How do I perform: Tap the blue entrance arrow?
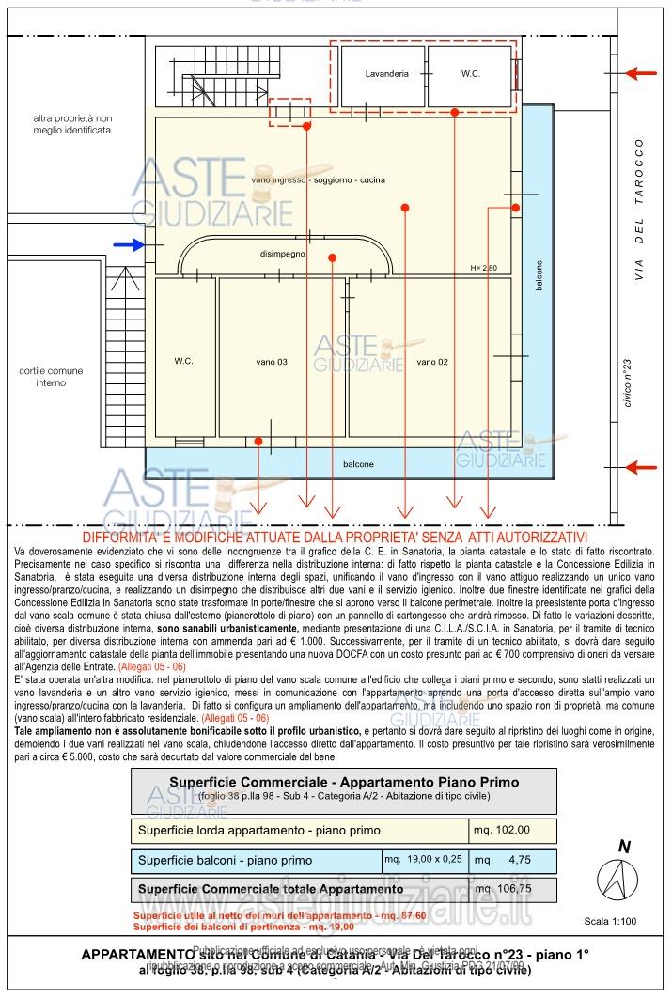click(x=130, y=245)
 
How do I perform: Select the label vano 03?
click(x=272, y=362)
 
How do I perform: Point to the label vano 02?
click(x=432, y=362)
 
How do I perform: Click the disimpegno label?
click(x=283, y=254)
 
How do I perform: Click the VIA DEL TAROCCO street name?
click(x=639, y=211)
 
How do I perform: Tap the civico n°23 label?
click(x=627, y=382)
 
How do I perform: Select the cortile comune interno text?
click(x=52, y=377)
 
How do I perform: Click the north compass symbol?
click(x=618, y=879)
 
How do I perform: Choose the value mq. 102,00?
click(x=502, y=830)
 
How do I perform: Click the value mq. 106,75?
click(x=503, y=888)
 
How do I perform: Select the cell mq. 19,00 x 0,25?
click(x=423, y=859)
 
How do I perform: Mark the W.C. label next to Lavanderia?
click(x=471, y=73)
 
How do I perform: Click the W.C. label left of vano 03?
click(x=183, y=361)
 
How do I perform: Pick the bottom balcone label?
click(x=358, y=464)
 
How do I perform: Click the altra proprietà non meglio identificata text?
click(x=71, y=124)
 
